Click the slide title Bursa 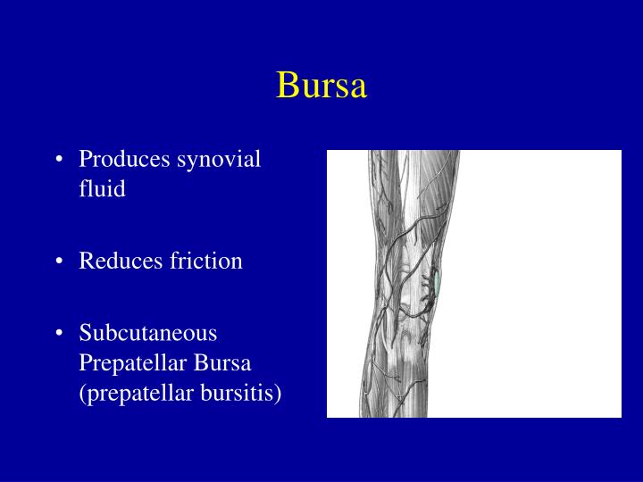point(321,85)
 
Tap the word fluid point(102,189)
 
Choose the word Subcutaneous point(148,334)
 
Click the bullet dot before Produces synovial point(59,161)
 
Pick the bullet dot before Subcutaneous point(59,335)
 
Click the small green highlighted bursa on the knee point(438,283)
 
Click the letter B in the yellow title point(287,85)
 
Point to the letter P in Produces point(85,160)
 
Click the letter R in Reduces point(86,262)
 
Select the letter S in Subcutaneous point(85,334)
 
